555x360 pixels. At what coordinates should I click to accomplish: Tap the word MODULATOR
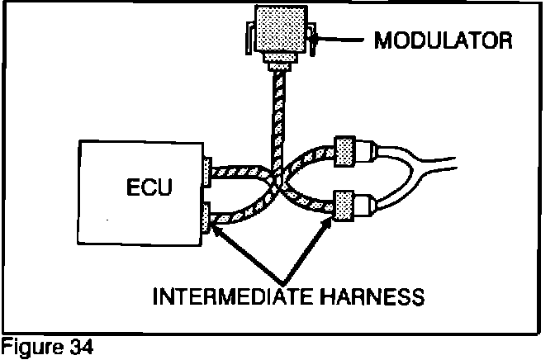click(442, 39)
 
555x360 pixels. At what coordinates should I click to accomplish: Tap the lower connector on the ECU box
click(207, 216)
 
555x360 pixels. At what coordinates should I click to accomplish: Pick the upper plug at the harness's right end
click(345, 150)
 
